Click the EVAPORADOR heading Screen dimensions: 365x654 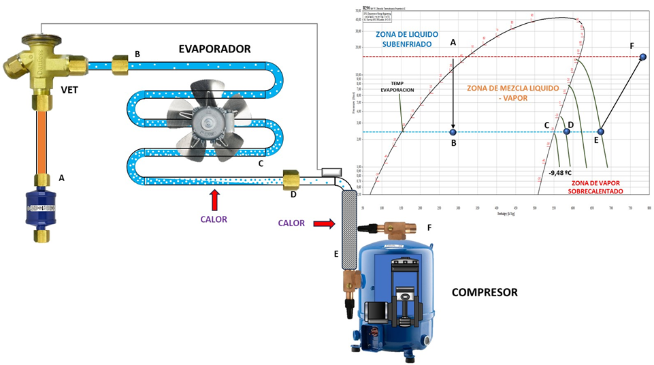tap(214, 49)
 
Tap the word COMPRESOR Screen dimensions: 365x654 tap(485, 292)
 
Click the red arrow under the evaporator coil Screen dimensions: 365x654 tap(215, 200)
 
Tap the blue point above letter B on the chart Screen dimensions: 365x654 tap(453, 131)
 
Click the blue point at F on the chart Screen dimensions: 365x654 tap(642, 58)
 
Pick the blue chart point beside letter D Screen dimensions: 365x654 tap(566, 131)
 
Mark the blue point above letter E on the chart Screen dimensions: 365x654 tap(601, 131)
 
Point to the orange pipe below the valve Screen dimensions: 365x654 tap(42, 141)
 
